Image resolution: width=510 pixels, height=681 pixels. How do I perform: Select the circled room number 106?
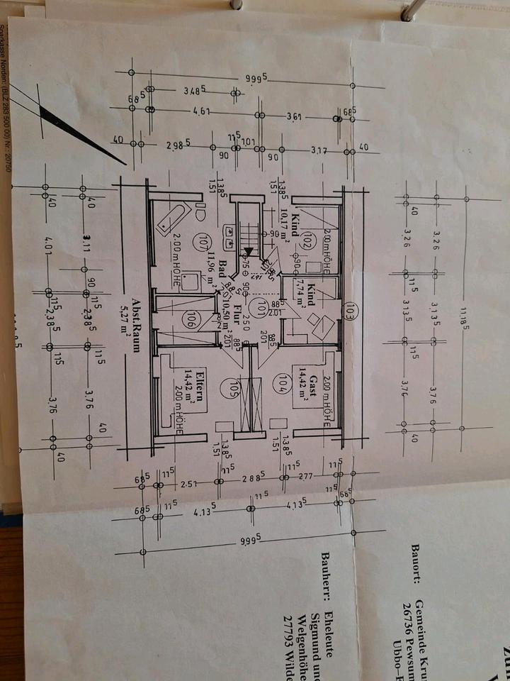click(190, 319)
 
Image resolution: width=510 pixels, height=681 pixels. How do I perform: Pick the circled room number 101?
click(263, 307)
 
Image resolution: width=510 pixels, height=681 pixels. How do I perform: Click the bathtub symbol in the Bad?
click(172, 218)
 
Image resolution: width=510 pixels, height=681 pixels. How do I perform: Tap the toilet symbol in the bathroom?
click(200, 210)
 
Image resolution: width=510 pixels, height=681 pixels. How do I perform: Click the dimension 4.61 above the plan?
click(202, 112)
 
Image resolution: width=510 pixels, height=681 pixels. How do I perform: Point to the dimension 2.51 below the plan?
click(188, 484)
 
